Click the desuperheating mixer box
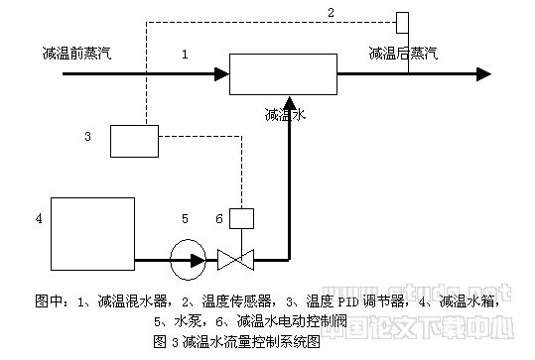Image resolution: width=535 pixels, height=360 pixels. pyautogui.click(x=283, y=73)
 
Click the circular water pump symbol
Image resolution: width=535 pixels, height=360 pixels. pyautogui.click(x=185, y=262)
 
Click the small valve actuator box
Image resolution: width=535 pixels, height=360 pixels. pyautogui.click(x=241, y=216)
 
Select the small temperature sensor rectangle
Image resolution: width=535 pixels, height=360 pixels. pyautogui.click(x=403, y=22)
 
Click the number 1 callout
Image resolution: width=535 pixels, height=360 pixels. pyautogui.click(x=185, y=55)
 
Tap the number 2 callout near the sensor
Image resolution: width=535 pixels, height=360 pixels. pyautogui.click(x=332, y=12)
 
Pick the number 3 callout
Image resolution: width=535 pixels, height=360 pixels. pyautogui.click(x=88, y=136)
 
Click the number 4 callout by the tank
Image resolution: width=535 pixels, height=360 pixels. pyautogui.click(x=39, y=216)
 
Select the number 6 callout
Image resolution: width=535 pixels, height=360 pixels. pyautogui.click(x=219, y=217)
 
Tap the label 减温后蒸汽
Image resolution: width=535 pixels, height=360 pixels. pyautogui.click(x=402, y=53)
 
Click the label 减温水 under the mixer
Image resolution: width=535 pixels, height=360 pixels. pyautogui.click(x=285, y=115)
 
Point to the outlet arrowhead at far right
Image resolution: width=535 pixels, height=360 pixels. pyautogui.click(x=483, y=73)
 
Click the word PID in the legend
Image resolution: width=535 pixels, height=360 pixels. pyautogui.click(x=314, y=300)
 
